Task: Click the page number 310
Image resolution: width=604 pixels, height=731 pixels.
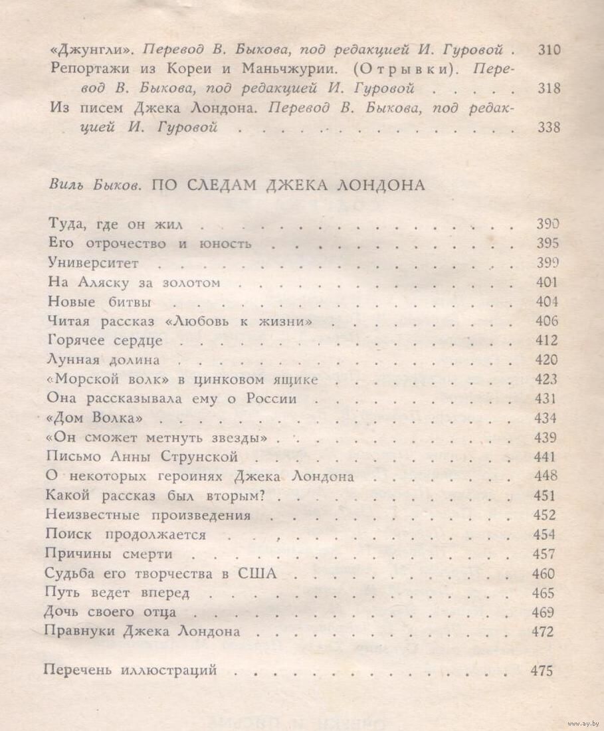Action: [x=548, y=50]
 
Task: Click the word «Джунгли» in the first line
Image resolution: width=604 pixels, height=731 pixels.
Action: [x=92, y=50]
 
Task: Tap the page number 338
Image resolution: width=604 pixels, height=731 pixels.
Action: [x=548, y=128]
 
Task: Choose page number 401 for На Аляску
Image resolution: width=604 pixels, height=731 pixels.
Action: [x=546, y=282]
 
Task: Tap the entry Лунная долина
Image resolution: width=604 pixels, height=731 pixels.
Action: [x=104, y=360]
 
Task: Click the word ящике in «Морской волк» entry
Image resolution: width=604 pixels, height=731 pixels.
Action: [x=294, y=380]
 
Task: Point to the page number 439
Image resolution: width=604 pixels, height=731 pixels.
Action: [x=546, y=438]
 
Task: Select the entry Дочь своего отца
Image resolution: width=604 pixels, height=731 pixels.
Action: [x=110, y=612]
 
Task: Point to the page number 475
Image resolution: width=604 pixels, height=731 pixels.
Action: [x=542, y=671]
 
